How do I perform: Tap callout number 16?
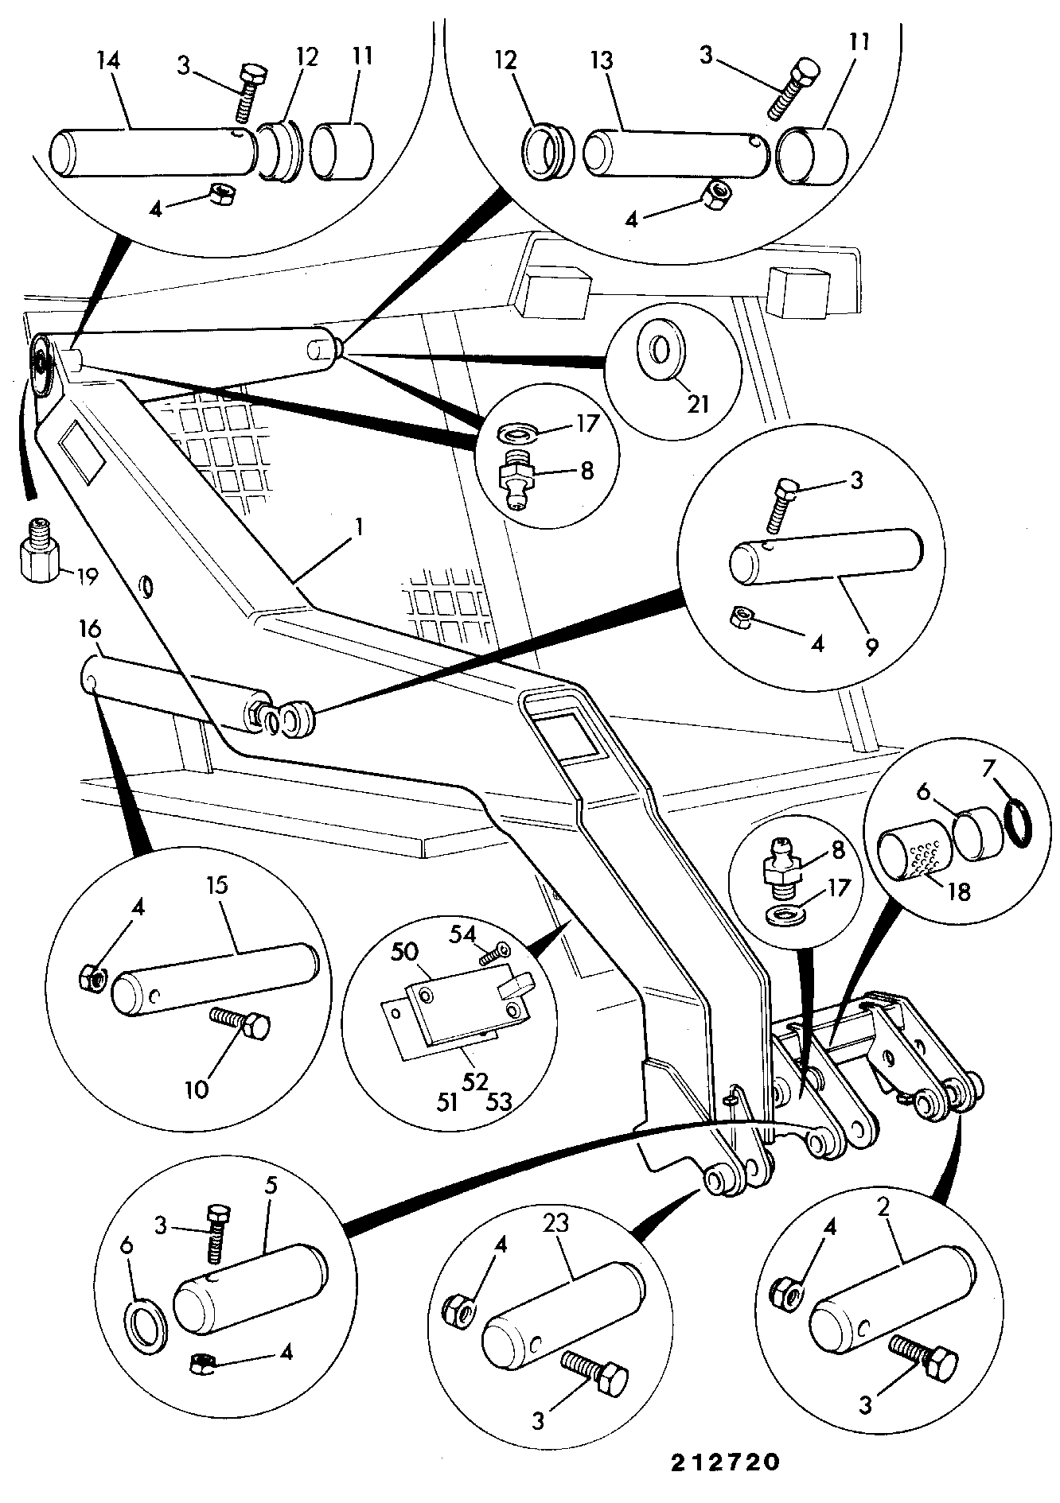90,631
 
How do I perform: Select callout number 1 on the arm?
360,526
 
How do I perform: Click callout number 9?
871,647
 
